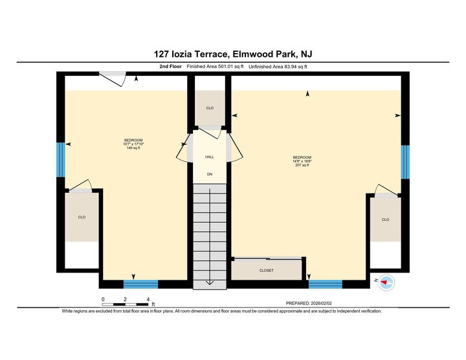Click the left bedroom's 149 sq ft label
133,148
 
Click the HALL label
210,157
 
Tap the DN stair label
210,174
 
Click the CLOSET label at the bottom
267,270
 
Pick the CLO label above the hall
210,108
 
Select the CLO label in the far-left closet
82,217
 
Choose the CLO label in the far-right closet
385,219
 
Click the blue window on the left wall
61,159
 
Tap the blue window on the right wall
405,161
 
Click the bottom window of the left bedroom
140,284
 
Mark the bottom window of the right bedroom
326,284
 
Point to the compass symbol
386,282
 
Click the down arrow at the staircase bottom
210,283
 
